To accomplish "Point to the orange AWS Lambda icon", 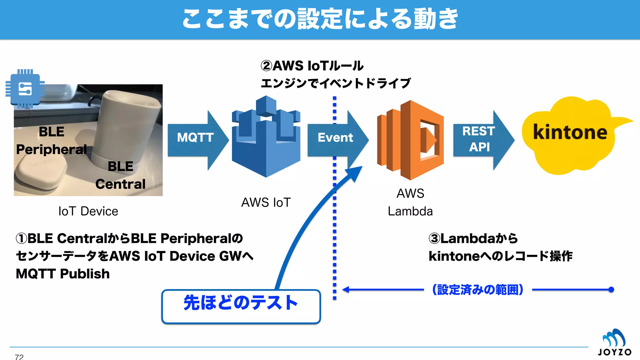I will pos(410,140).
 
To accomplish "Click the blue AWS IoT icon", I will pos(266,137).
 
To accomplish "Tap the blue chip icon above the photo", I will pos(25,89).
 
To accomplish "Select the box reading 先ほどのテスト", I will pos(241,306).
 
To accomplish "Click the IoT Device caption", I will pos(88,211).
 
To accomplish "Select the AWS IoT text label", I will pos(266,202).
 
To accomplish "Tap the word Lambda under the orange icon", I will pos(410,212).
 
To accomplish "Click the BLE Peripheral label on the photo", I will pos(52,141).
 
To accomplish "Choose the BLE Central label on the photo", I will pos(120,175).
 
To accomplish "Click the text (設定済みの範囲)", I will pos(477,290).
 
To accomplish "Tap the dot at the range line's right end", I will pos(611,290).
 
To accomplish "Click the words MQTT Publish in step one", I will pos(63,274).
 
